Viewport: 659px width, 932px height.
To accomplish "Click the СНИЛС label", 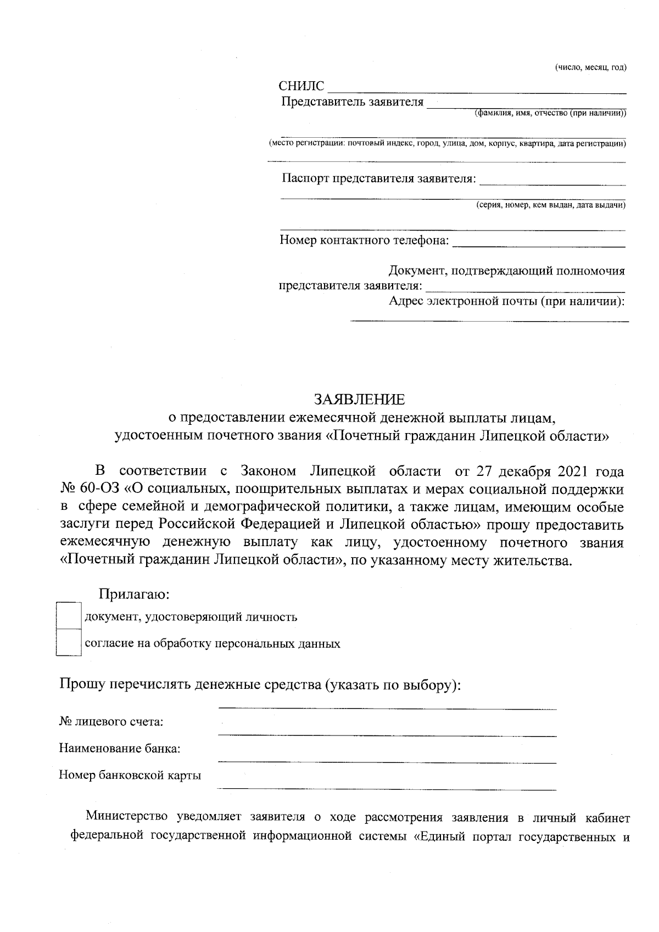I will pos(301,87).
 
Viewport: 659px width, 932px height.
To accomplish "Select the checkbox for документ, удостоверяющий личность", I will pos(69,616).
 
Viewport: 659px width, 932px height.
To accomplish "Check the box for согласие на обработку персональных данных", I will pos(69,643).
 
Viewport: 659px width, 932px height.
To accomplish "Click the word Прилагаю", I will pos(133,594).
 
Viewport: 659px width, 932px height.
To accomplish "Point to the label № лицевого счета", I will pos(111,721).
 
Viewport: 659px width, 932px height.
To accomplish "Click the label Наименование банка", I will pos(120,748).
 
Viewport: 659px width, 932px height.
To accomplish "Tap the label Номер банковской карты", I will pos(130,775).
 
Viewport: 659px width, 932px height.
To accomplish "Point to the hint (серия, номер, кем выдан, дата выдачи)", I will pos(550,205).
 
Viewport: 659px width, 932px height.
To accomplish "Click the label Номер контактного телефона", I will pos(365,240).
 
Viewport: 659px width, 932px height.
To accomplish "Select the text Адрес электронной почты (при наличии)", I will pos(506,301).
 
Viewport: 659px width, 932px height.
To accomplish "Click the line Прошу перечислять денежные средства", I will pos(259,685).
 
